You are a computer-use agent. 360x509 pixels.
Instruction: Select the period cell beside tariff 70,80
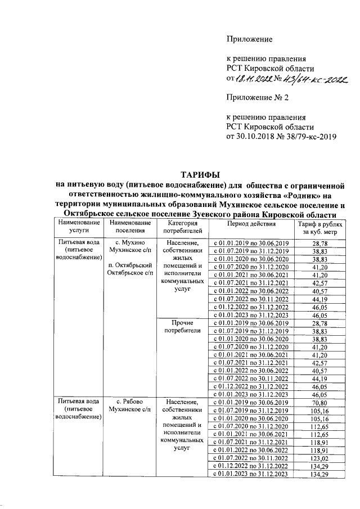tap(251, 402)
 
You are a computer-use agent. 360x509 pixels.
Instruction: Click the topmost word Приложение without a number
tap(249, 39)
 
